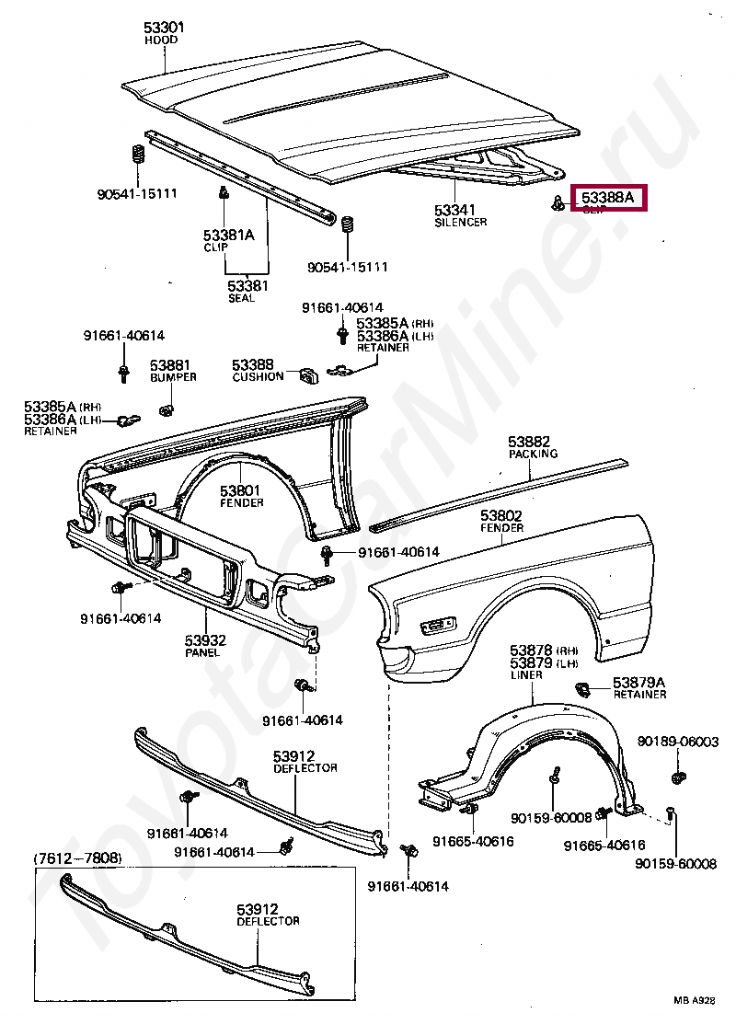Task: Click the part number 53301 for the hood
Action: pyautogui.click(x=164, y=28)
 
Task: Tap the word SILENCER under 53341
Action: pyautogui.click(x=460, y=223)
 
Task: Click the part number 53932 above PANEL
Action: pyautogui.click(x=205, y=639)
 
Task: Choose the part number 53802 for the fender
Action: pyautogui.click(x=501, y=515)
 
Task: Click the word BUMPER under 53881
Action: pyautogui.click(x=173, y=377)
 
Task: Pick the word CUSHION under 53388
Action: pyautogui.click(x=258, y=377)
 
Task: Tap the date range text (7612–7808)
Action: pyautogui.click(x=78, y=858)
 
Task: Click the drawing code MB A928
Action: pyautogui.click(x=692, y=1000)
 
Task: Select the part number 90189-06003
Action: pyautogui.click(x=677, y=742)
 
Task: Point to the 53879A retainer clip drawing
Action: pyautogui.click(x=581, y=687)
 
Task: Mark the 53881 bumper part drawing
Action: pyautogui.click(x=167, y=408)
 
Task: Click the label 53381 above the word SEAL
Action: pyautogui.click(x=248, y=285)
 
